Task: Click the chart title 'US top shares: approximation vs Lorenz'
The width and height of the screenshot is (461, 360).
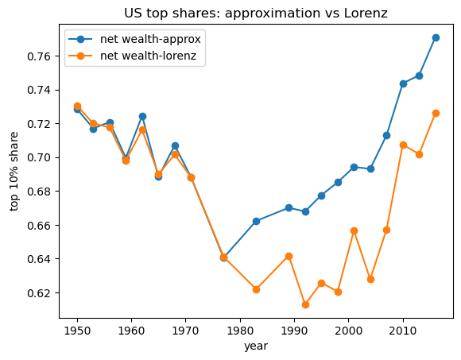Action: (x=257, y=13)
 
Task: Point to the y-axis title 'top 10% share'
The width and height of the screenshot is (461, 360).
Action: (x=14, y=171)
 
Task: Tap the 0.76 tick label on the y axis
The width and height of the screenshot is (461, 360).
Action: (x=37, y=56)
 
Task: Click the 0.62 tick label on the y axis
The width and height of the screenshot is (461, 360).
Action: (x=37, y=293)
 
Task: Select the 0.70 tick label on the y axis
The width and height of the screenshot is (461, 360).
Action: (x=37, y=157)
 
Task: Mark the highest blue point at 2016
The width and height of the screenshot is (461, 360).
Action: (x=436, y=37)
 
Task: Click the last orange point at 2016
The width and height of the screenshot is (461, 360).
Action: (x=436, y=113)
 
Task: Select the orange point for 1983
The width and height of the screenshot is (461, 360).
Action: (x=256, y=289)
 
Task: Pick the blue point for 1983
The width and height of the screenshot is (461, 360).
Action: (x=256, y=221)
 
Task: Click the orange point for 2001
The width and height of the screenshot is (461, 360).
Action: (x=354, y=230)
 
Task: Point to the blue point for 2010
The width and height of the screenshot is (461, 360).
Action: (x=403, y=83)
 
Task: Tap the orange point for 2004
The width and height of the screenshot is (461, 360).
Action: (x=370, y=279)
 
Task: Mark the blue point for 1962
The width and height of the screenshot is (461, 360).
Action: (x=142, y=116)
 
